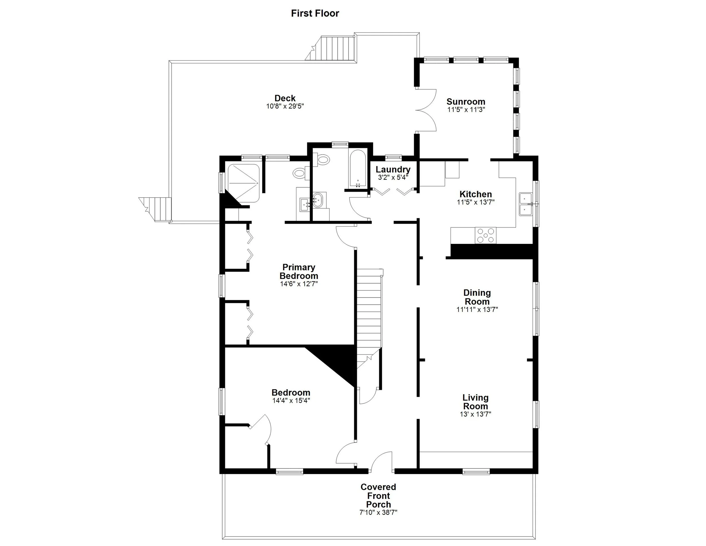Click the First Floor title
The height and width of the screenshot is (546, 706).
[x=315, y=13]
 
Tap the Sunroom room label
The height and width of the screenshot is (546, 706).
[x=466, y=101]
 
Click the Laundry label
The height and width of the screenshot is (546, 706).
[x=393, y=170]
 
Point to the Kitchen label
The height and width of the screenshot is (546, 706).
[x=476, y=194]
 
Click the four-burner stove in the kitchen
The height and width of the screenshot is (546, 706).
[x=485, y=235]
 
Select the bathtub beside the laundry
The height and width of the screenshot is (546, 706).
[x=358, y=168]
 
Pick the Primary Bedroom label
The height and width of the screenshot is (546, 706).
[x=299, y=271]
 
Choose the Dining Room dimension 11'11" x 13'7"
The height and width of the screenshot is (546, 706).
[x=477, y=309]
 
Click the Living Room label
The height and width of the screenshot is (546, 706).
[x=475, y=402]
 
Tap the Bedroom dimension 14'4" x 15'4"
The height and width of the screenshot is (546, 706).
[x=291, y=400]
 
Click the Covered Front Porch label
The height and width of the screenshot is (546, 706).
[x=378, y=495]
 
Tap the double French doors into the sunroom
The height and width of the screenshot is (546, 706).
[x=426, y=110]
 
